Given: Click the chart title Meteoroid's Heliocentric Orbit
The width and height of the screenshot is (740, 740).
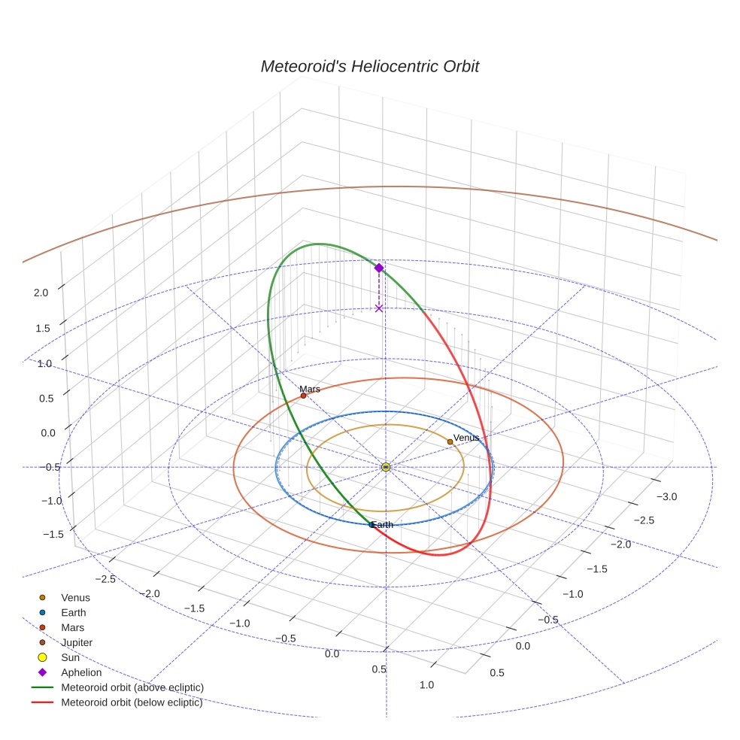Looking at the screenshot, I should tap(369, 66).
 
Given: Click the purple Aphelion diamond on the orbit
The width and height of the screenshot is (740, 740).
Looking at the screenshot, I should tap(379, 268).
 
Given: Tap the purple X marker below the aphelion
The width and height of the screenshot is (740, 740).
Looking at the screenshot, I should tap(379, 308).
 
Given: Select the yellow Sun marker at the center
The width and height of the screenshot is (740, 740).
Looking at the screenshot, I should tap(386, 467).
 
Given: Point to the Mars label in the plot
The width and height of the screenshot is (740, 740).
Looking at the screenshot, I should tap(310, 389).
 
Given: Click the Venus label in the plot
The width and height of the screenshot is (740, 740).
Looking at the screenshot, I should tap(466, 437).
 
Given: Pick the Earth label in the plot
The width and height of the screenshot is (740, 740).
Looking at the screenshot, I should tap(382, 524).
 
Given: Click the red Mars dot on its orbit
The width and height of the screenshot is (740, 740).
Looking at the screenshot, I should tap(303, 396).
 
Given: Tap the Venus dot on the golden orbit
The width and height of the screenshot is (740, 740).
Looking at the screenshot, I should tap(450, 441).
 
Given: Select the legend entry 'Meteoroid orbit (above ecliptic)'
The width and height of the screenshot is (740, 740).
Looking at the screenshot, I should tap(132, 687).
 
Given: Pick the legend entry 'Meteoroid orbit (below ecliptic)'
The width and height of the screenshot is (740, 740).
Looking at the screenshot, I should tap(132, 702).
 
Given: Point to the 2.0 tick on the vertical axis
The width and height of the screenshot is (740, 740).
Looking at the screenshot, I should tap(41, 293).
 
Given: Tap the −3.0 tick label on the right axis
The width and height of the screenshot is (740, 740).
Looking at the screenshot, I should tap(667, 496).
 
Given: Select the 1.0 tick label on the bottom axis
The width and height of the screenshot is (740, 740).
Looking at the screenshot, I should tap(426, 684).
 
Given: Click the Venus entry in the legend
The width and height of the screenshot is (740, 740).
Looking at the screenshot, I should tap(75, 598).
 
